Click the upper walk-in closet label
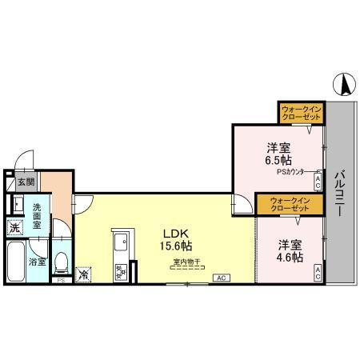click(301, 113)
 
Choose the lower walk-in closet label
click(289, 204)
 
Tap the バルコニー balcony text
click(339, 195)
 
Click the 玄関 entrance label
click(25, 182)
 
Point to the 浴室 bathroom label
click(37, 262)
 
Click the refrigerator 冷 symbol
click(85, 274)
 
